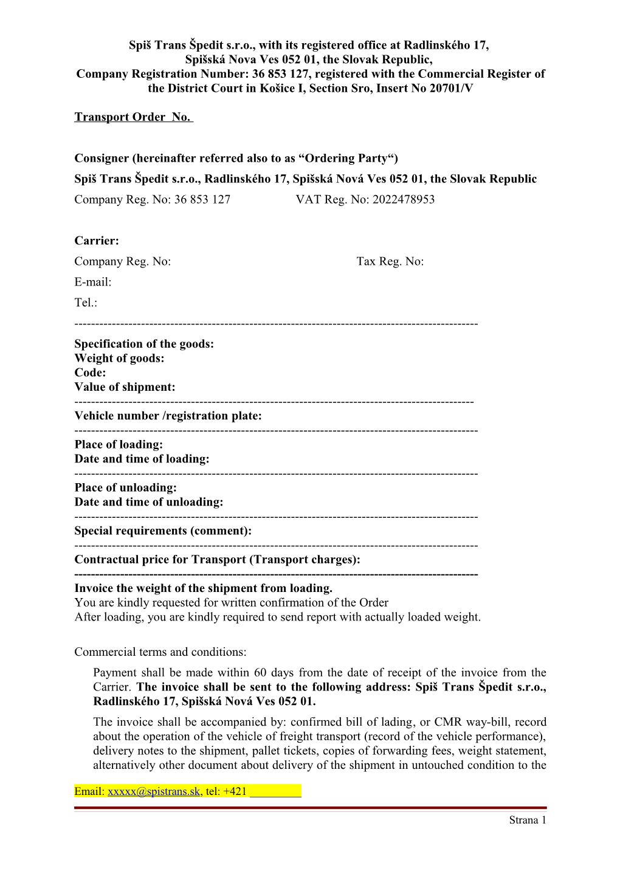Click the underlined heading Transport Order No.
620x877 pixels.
[x=133, y=117]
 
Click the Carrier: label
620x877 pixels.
[x=97, y=241]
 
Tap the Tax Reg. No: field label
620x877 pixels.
[x=390, y=261]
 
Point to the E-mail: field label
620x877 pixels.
[x=92, y=282]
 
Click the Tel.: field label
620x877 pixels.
[x=86, y=303]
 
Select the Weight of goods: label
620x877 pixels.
[x=119, y=358]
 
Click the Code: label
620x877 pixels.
[x=90, y=373]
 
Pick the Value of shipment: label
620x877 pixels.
[x=125, y=387]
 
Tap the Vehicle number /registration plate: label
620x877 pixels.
[x=168, y=416]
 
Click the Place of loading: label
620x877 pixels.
[x=119, y=444]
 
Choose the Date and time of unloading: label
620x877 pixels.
[x=148, y=502]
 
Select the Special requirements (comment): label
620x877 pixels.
[x=162, y=531]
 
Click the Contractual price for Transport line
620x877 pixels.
[x=217, y=559]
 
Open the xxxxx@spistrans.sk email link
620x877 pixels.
[x=154, y=791]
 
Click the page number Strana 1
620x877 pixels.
[x=528, y=820]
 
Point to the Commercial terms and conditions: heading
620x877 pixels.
[x=160, y=652]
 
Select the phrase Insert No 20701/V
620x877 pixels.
[x=424, y=89]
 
